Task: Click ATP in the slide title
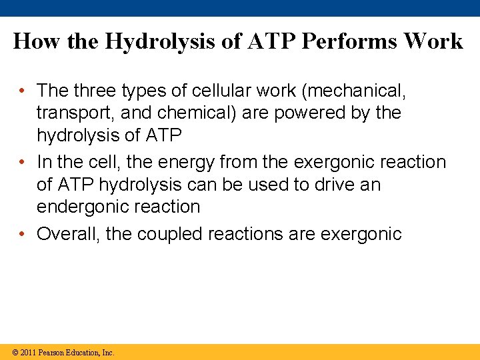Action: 273,41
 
